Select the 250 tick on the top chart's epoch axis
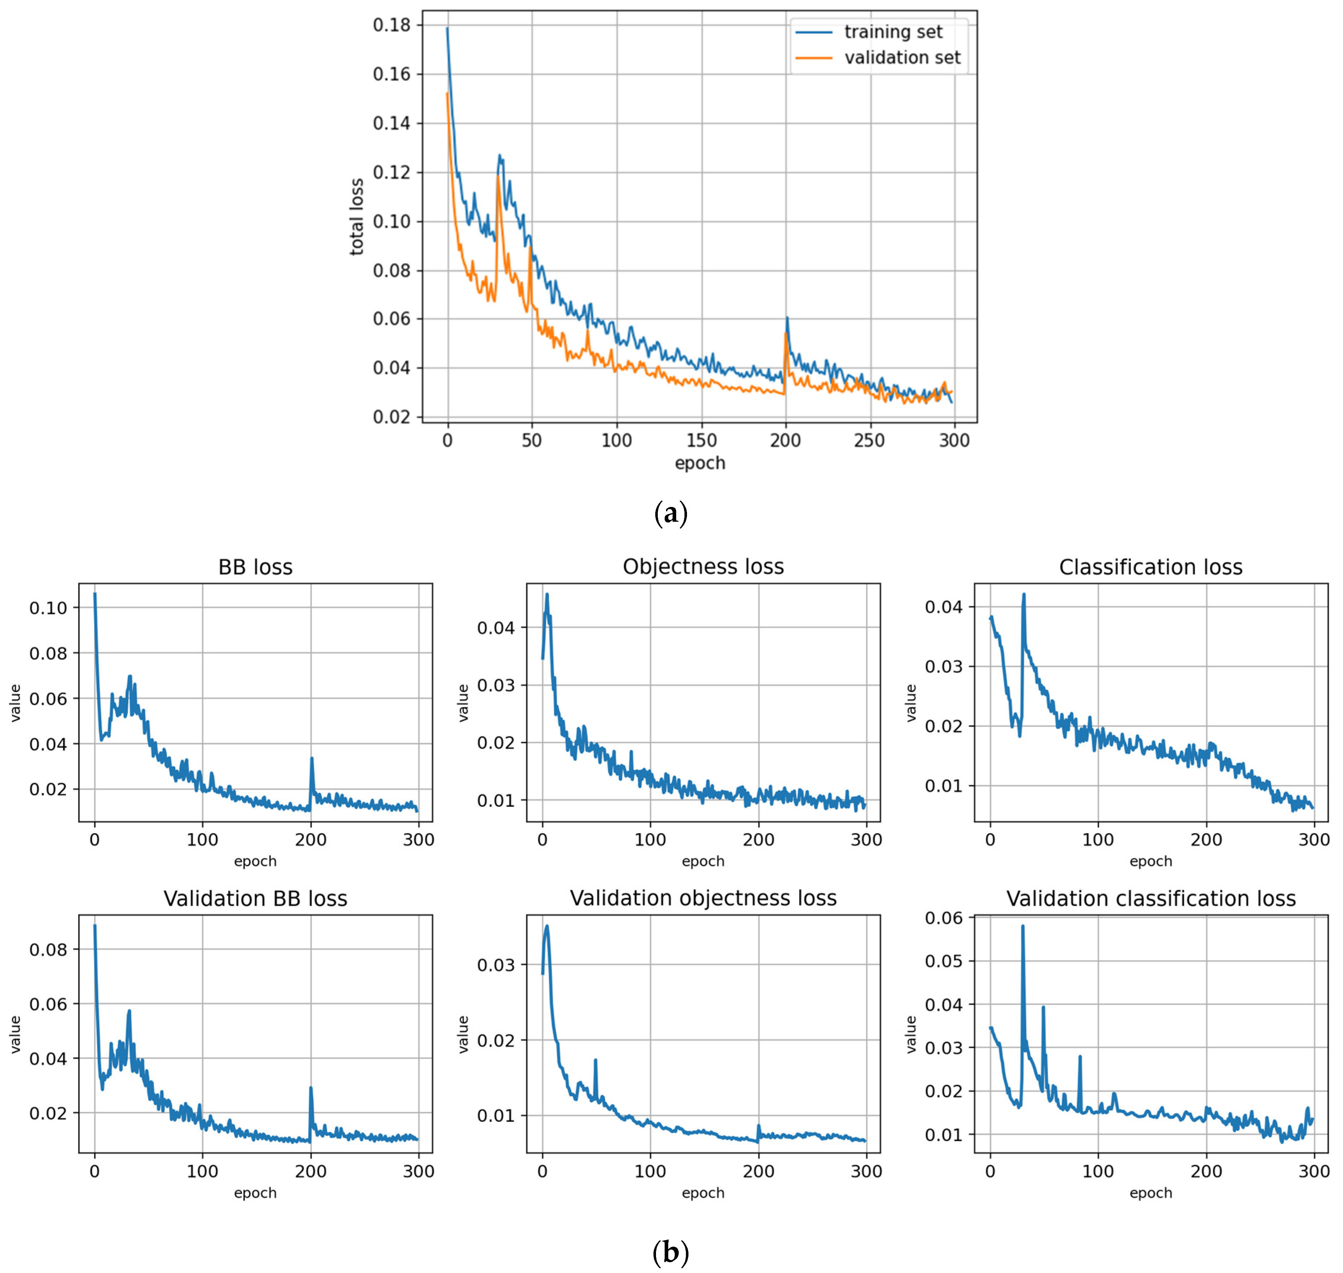(x=869, y=440)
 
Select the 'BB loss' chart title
(x=255, y=567)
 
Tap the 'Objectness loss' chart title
(x=703, y=567)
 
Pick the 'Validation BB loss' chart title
(x=255, y=898)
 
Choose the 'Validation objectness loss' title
(x=703, y=898)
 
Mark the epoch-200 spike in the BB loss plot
(x=311, y=758)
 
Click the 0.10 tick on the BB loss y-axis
(x=48, y=608)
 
